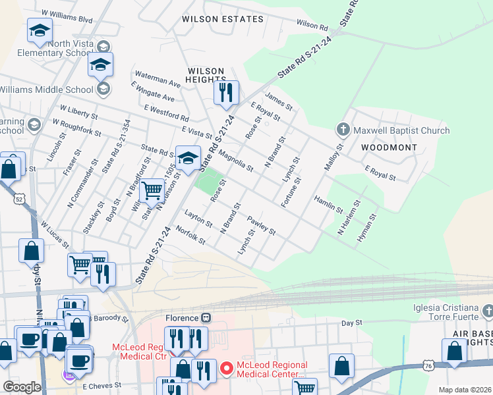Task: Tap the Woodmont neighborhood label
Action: point(389,147)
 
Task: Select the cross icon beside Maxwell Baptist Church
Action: point(342,130)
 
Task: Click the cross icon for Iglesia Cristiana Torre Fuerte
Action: point(487,309)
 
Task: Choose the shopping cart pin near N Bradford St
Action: point(152,191)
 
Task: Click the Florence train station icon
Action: point(206,317)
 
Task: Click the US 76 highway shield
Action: point(428,365)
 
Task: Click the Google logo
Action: point(22,387)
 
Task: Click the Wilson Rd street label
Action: point(312,25)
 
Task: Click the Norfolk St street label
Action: point(191,236)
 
